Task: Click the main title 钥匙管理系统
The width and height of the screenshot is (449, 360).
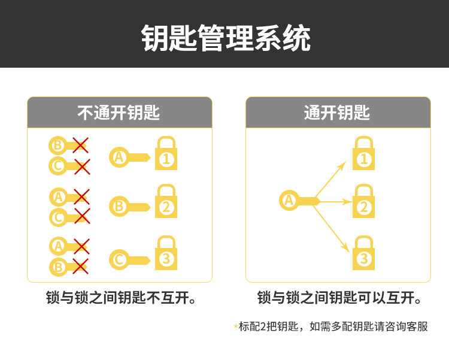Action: (226, 38)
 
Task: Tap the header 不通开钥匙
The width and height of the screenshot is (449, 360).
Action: (119, 113)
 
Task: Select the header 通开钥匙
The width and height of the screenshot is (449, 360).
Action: (338, 113)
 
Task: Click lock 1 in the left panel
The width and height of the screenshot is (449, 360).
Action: (166, 153)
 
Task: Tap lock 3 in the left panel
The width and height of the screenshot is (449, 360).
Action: (166, 254)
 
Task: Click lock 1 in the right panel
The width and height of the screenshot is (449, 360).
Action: (363, 153)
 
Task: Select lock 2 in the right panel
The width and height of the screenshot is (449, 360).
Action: (363, 202)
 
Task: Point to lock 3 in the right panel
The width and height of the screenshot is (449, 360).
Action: (363, 253)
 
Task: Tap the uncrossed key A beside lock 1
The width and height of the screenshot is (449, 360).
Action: (128, 158)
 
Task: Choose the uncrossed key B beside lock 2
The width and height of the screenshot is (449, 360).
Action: (128, 207)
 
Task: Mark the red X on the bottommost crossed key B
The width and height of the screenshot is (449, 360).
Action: (80, 266)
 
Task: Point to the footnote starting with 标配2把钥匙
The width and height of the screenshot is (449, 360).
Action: (332, 326)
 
